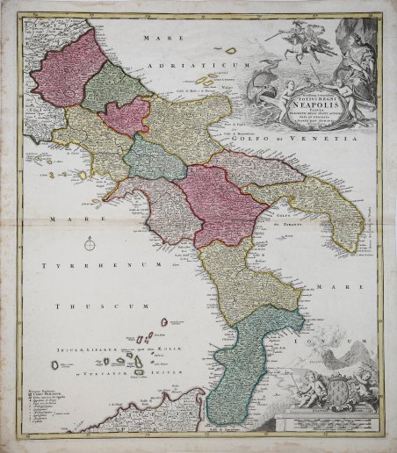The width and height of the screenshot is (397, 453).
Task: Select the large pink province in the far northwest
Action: coord(69,69)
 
